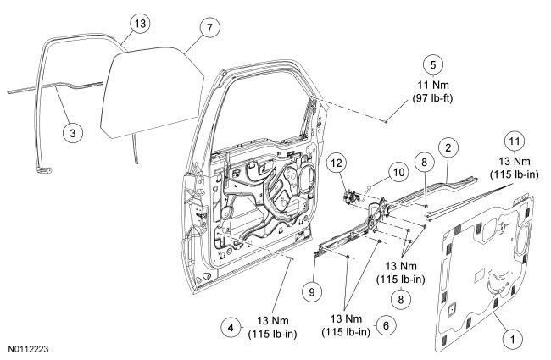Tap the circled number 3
pyautogui.click(x=74, y=134)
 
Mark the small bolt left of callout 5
pyautogui.click(x=386, y=122)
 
